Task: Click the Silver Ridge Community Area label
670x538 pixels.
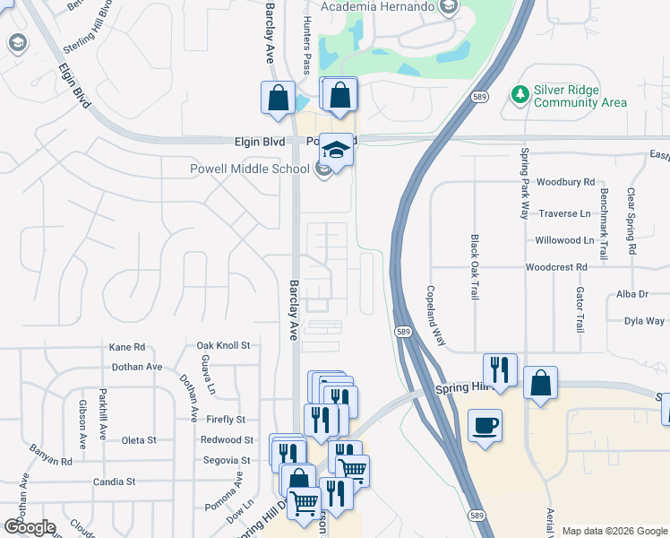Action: tap(580, 97)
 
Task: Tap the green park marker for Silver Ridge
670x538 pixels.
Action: tap(519, 93)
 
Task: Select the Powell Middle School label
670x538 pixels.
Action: tap(249, 169)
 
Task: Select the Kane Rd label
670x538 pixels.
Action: tap(126, 347)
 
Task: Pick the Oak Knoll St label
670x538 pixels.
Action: tap(223, 345)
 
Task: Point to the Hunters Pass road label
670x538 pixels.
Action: tap(306, 45)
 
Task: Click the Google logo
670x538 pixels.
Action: tap(30, 527)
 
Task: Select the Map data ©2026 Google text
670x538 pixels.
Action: tap(614, 531)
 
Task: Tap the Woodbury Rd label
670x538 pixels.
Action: tap(566, 182)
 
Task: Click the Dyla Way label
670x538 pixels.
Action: tap(644, 320)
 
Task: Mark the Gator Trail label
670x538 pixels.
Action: tap(580, 313)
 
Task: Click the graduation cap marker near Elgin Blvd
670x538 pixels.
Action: tap(336, 149)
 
